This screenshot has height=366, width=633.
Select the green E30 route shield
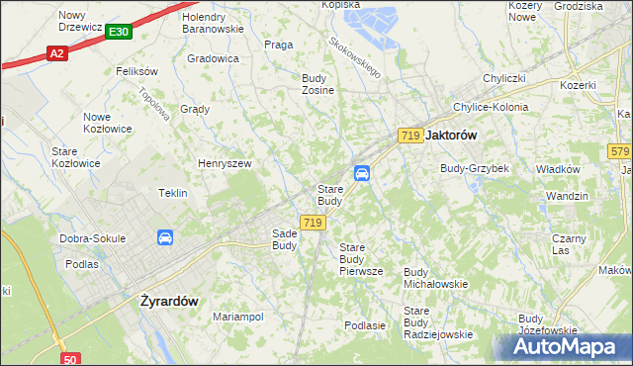point(118,33)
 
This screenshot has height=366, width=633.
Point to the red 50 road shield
point(69,358)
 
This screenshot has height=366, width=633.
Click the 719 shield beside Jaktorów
point(411,135)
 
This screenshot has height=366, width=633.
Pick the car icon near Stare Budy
point(363,173)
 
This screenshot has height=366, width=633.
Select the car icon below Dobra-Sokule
point(165,237)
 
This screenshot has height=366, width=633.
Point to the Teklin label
point(173,193)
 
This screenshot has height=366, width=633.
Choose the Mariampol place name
point(237,317)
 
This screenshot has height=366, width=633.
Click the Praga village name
point(278,45)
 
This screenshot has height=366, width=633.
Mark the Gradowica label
point(213,58)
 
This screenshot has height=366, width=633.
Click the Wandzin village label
point(567,196)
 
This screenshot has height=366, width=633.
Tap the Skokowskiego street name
point(355,58)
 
